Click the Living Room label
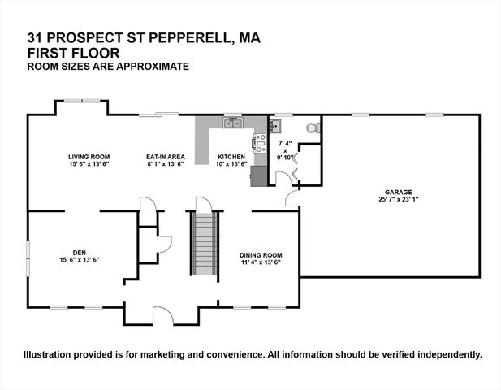pos(89,156)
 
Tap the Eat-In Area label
pos(166,156)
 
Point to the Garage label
pos(398,193)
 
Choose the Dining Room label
pos(261,255)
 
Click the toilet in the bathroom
pos(311,128)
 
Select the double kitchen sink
pos(234,123)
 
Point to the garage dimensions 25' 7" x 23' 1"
pos(398,199)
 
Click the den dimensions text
pos(79,260)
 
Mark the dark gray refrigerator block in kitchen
pos(258,175)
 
